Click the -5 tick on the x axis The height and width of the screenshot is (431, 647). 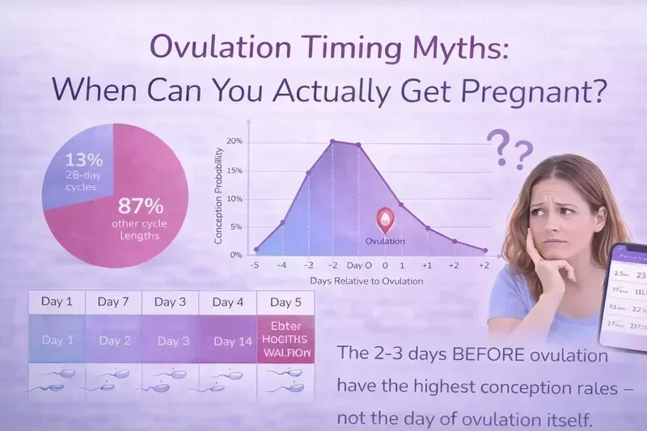click(254, 265)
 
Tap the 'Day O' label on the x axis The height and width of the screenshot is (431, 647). click(359, 265)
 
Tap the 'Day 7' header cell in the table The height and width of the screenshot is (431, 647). click(114, 302)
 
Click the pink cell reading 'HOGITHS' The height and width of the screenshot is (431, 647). click(285, 340)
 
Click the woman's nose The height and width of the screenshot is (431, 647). click(558, 224)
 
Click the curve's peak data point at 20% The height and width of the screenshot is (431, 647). click(332, 142)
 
